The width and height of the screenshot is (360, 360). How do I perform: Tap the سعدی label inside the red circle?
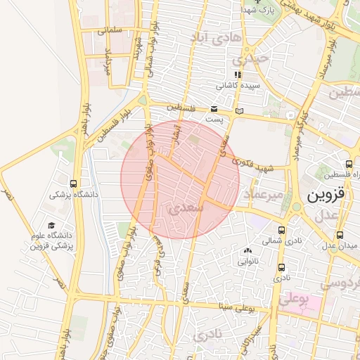click(187, 207)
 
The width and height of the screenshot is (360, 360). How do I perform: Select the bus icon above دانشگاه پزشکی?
click(74, 184)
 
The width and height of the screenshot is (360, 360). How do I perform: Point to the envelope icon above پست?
click(214, 109)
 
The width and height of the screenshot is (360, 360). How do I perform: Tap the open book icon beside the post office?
click(240, 111)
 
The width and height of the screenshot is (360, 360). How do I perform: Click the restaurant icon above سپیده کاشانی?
click(238, 75)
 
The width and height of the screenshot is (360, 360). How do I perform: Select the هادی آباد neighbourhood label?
click(219, 37)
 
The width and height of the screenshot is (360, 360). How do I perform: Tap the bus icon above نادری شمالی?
click(282, 230)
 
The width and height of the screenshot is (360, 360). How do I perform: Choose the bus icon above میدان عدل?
click(340, 235)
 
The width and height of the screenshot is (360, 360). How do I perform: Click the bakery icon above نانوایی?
click(247, 250)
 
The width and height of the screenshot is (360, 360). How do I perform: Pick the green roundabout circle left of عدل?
click(296, 207)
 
